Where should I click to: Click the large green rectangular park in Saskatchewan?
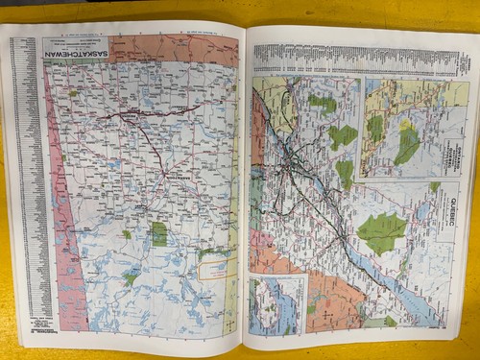(x=158, y=234)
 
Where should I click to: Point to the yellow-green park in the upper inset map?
(x=407, y=144)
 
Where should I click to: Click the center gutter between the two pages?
(x=241, y=192)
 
